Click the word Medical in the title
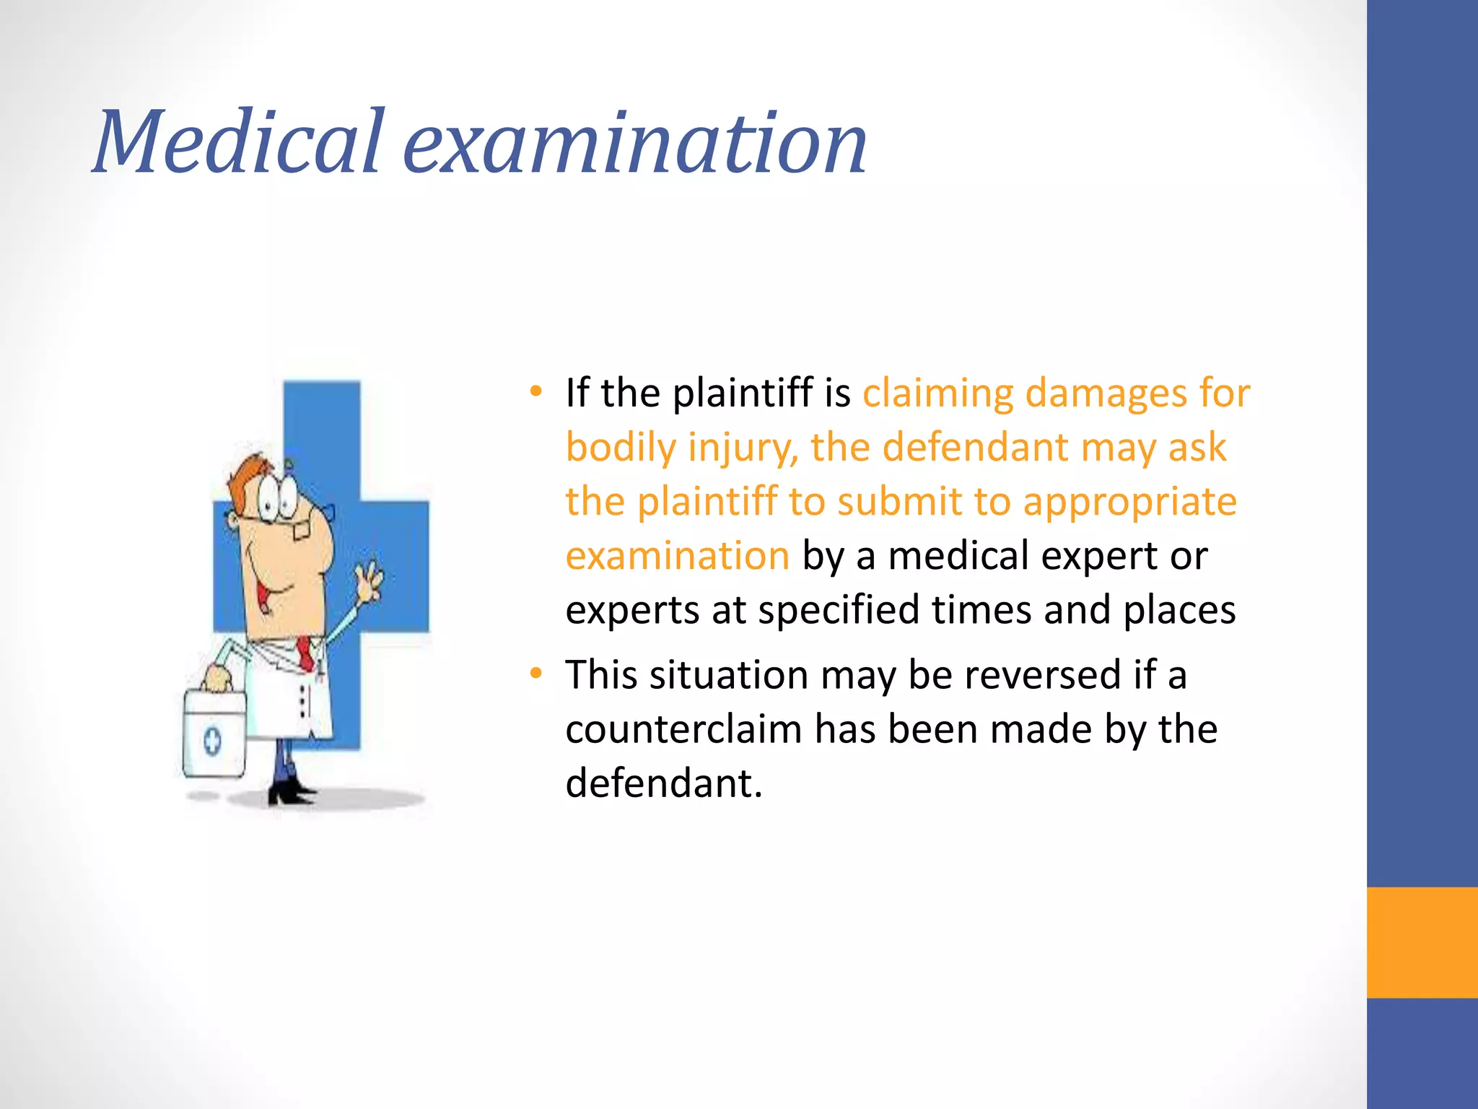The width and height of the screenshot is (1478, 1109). (x=238, y=142)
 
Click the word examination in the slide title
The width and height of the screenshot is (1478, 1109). (x=634, y=142)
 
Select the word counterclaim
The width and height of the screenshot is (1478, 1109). (x=683, y=729)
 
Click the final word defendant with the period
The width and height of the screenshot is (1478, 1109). (x=663, y=783)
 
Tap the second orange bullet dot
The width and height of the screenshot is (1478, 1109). (x=535, y=674)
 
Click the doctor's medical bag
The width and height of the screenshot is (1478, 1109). (x=214, y=734)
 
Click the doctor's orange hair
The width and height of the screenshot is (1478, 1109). (x=245, y=473)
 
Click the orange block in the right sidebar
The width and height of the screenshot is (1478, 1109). (x=1422, y=942)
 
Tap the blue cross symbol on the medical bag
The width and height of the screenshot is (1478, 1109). (x=212, y=741)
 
